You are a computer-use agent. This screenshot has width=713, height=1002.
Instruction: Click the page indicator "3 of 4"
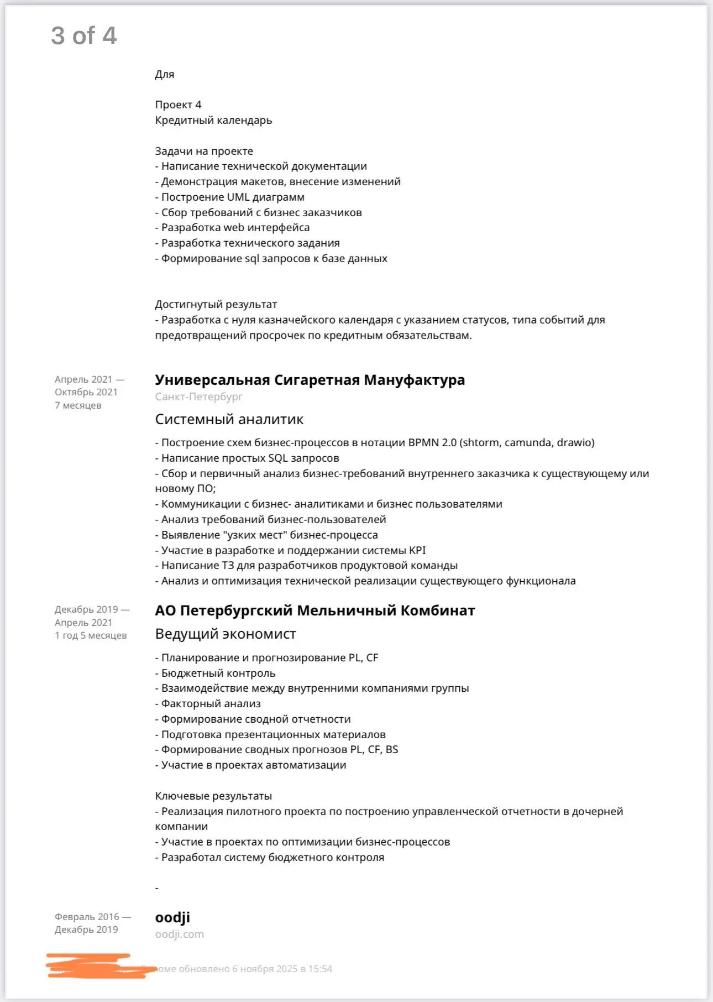tap(84, 36)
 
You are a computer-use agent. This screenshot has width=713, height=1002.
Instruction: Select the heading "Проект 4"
tap(178, 105)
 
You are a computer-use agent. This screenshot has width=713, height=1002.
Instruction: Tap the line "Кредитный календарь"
tap(213, 120)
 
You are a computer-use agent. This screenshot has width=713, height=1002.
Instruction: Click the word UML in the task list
tap(238, 197)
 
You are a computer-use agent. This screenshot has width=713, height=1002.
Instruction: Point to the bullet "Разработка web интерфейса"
tap(235, 227)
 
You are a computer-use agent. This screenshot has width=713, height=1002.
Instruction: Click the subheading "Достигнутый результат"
tap(216, 304)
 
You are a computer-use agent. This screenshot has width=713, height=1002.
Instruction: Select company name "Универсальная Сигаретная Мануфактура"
tap(310, 380)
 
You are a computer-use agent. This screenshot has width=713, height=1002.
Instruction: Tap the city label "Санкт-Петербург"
tap(198, 396)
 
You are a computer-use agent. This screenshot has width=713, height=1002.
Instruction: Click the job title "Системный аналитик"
tap(229, 419)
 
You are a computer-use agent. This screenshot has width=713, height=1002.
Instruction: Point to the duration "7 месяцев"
tap(78, 405)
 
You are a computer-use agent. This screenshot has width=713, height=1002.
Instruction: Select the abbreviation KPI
tap(417, 550)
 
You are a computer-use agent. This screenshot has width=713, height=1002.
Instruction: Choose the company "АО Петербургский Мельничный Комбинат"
tap(314, 610)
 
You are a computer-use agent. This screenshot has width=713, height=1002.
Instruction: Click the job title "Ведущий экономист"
tap(226, 634)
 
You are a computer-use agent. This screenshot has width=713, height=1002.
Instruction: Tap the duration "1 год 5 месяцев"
tap(91, 635)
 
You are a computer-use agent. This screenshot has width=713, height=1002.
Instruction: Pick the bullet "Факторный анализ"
tap(211, 703)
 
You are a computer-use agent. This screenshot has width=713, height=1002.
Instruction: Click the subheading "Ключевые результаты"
tap(213, 796)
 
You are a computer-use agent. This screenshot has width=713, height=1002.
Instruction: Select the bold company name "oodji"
tap(172, 917)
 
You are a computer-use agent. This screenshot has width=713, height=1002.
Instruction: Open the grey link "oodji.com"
tap(179, 934)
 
